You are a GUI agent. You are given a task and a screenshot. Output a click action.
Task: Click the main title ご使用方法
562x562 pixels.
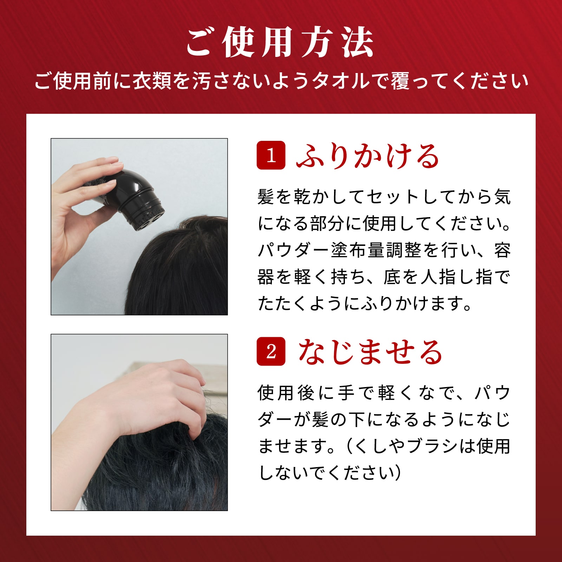[280, 43]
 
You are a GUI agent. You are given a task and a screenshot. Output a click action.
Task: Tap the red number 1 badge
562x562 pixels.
[271, 155]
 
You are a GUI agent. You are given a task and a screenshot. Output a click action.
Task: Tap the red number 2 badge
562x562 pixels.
[271, 351]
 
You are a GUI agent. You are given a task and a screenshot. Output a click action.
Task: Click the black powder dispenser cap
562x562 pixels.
[140, 198]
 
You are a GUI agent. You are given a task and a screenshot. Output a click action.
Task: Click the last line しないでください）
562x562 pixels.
[329, 473]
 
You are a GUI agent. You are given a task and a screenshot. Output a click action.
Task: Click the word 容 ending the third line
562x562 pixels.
[502, 250]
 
